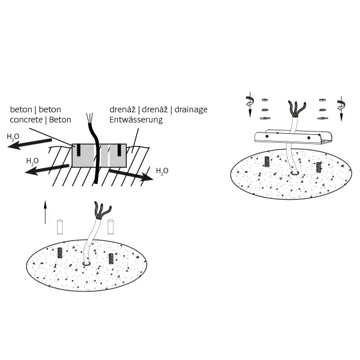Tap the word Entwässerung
coord(136,120)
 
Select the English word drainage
coord(191,109)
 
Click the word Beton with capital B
coord(60,120)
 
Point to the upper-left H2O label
coord(13,137)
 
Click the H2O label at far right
coord(162,171)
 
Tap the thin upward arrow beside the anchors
coord(45,212)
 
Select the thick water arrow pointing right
coord(131,175)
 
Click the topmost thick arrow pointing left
coord(29,144)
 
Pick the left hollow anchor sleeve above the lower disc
coord(60,227)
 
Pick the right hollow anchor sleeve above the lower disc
coord(111,227)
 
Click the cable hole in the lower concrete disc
coord(86,263)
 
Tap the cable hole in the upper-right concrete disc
coord(295,173)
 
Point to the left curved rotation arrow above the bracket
coord(250,101)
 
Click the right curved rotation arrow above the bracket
coord(341,105)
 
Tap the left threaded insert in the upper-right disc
coord(267,161)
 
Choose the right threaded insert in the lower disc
coord(111,259)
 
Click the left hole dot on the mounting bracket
coord(267,136)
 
